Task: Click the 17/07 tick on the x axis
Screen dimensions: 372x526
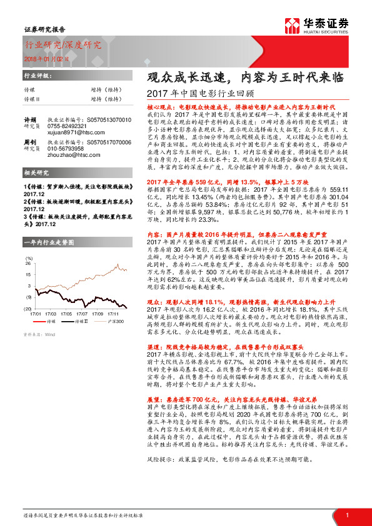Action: click(82, 313)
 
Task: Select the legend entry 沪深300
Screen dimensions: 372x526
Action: click(118, 320)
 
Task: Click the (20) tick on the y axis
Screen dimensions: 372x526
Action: click(28, 309)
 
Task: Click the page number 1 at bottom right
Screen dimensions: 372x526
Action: click(346, 515)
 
